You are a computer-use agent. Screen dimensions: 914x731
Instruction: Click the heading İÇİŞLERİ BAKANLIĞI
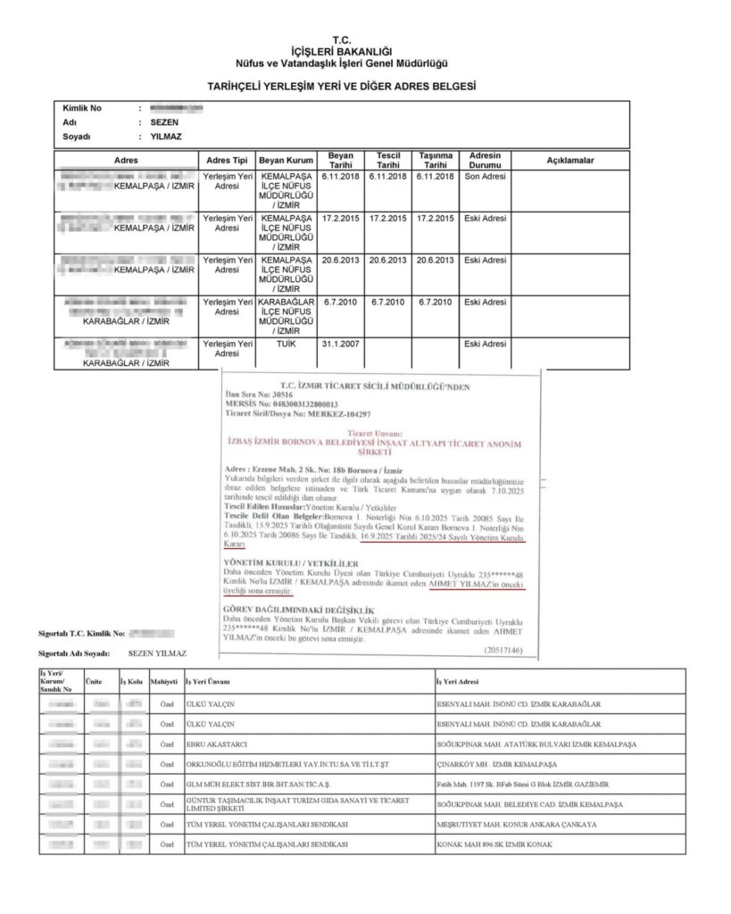tap(342, 52)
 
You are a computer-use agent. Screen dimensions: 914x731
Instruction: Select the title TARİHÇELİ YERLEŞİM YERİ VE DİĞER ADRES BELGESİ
tap(342, 87)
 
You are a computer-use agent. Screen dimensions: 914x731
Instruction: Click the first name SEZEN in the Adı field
tap(164, 121)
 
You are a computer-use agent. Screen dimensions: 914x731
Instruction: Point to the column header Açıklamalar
tap(570, 160)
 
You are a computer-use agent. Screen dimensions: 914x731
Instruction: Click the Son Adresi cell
tap(485, 176)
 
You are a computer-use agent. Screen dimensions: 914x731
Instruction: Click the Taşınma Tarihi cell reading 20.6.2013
tap(435, 260)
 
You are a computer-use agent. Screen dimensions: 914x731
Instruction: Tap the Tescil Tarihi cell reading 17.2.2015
tap(387, 218)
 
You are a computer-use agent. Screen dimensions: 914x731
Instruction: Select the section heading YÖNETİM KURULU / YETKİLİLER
tap(292, 563)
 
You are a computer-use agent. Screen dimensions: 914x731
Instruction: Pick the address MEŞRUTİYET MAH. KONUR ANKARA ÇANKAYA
tap(517, 824)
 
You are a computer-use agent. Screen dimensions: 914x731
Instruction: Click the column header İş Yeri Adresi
tap(457, 682)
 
